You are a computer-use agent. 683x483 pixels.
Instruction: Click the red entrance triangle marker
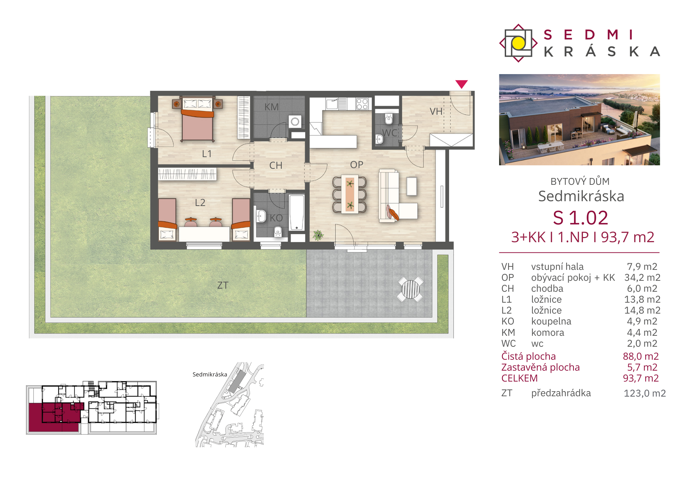[461, 84]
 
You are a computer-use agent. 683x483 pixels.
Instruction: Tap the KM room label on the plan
[271, 107]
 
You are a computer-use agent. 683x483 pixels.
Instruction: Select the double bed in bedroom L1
[197, 119]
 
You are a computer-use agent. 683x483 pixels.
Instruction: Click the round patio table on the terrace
[410, 289]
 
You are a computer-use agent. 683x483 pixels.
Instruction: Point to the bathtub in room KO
[296, 213]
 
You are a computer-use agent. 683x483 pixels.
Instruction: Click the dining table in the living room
[350, 194]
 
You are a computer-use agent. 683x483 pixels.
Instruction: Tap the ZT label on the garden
[223, 285]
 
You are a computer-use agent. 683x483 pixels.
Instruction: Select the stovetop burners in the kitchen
[362, 104]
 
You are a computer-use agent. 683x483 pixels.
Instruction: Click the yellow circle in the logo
[518, 43]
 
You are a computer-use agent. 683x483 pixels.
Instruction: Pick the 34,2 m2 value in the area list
[642, 277]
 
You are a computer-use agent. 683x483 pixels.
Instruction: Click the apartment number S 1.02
[581, 218]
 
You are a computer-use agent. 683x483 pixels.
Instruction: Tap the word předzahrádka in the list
[561, 393]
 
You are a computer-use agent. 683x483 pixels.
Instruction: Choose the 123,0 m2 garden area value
[645, 393]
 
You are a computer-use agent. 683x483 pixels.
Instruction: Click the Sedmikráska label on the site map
[210, 374]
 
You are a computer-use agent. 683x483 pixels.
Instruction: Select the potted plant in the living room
[318, 235]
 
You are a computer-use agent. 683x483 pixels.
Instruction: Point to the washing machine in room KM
[295, 121]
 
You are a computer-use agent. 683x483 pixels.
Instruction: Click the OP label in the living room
[357, 165]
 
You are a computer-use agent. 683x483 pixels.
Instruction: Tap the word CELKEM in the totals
[519, 378]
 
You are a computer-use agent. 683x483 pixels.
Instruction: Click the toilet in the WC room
[389, 119]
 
